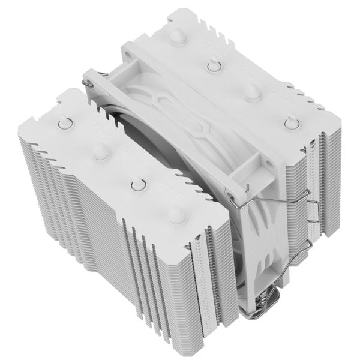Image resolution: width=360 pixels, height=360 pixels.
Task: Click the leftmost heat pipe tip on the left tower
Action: click(62, 124)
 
